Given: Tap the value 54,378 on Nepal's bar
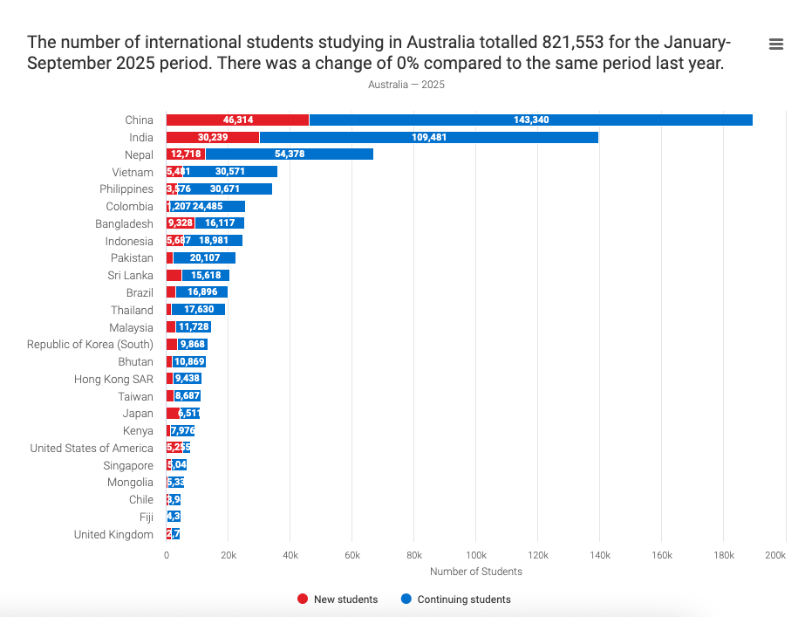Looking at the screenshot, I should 290,154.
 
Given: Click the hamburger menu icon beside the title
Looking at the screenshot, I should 776,45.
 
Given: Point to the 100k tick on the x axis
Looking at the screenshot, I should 476,555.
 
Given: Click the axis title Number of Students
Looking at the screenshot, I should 476,572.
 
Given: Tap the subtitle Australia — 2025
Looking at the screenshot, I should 406,85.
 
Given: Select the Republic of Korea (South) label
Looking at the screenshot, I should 90,345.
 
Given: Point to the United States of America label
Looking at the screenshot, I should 92,449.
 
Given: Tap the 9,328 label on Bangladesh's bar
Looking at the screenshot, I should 181,223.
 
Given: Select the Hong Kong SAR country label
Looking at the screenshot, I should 113,379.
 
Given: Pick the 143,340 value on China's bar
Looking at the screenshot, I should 531,120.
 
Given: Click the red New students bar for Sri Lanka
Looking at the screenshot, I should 174,275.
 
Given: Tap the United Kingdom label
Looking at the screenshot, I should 113,535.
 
